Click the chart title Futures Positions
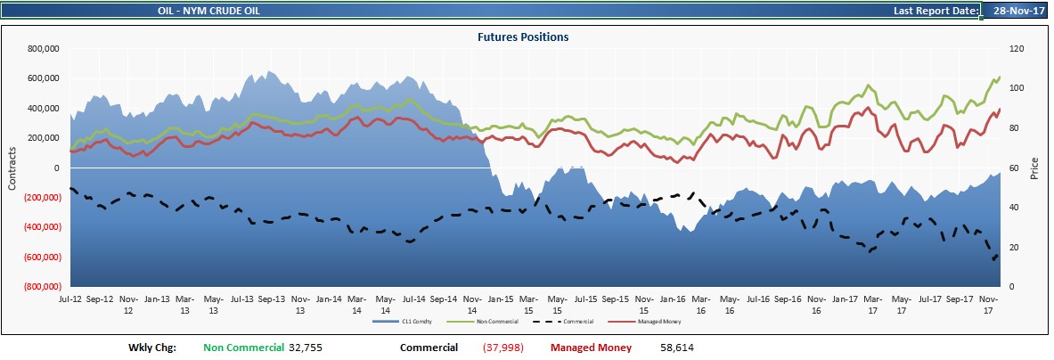pos(523,37)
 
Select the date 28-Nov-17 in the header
pos(1015,11)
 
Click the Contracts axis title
pos(12,168)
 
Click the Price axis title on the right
pos(1034,168)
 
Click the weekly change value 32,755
pos(306,348)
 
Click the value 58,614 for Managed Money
pos(677,348)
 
